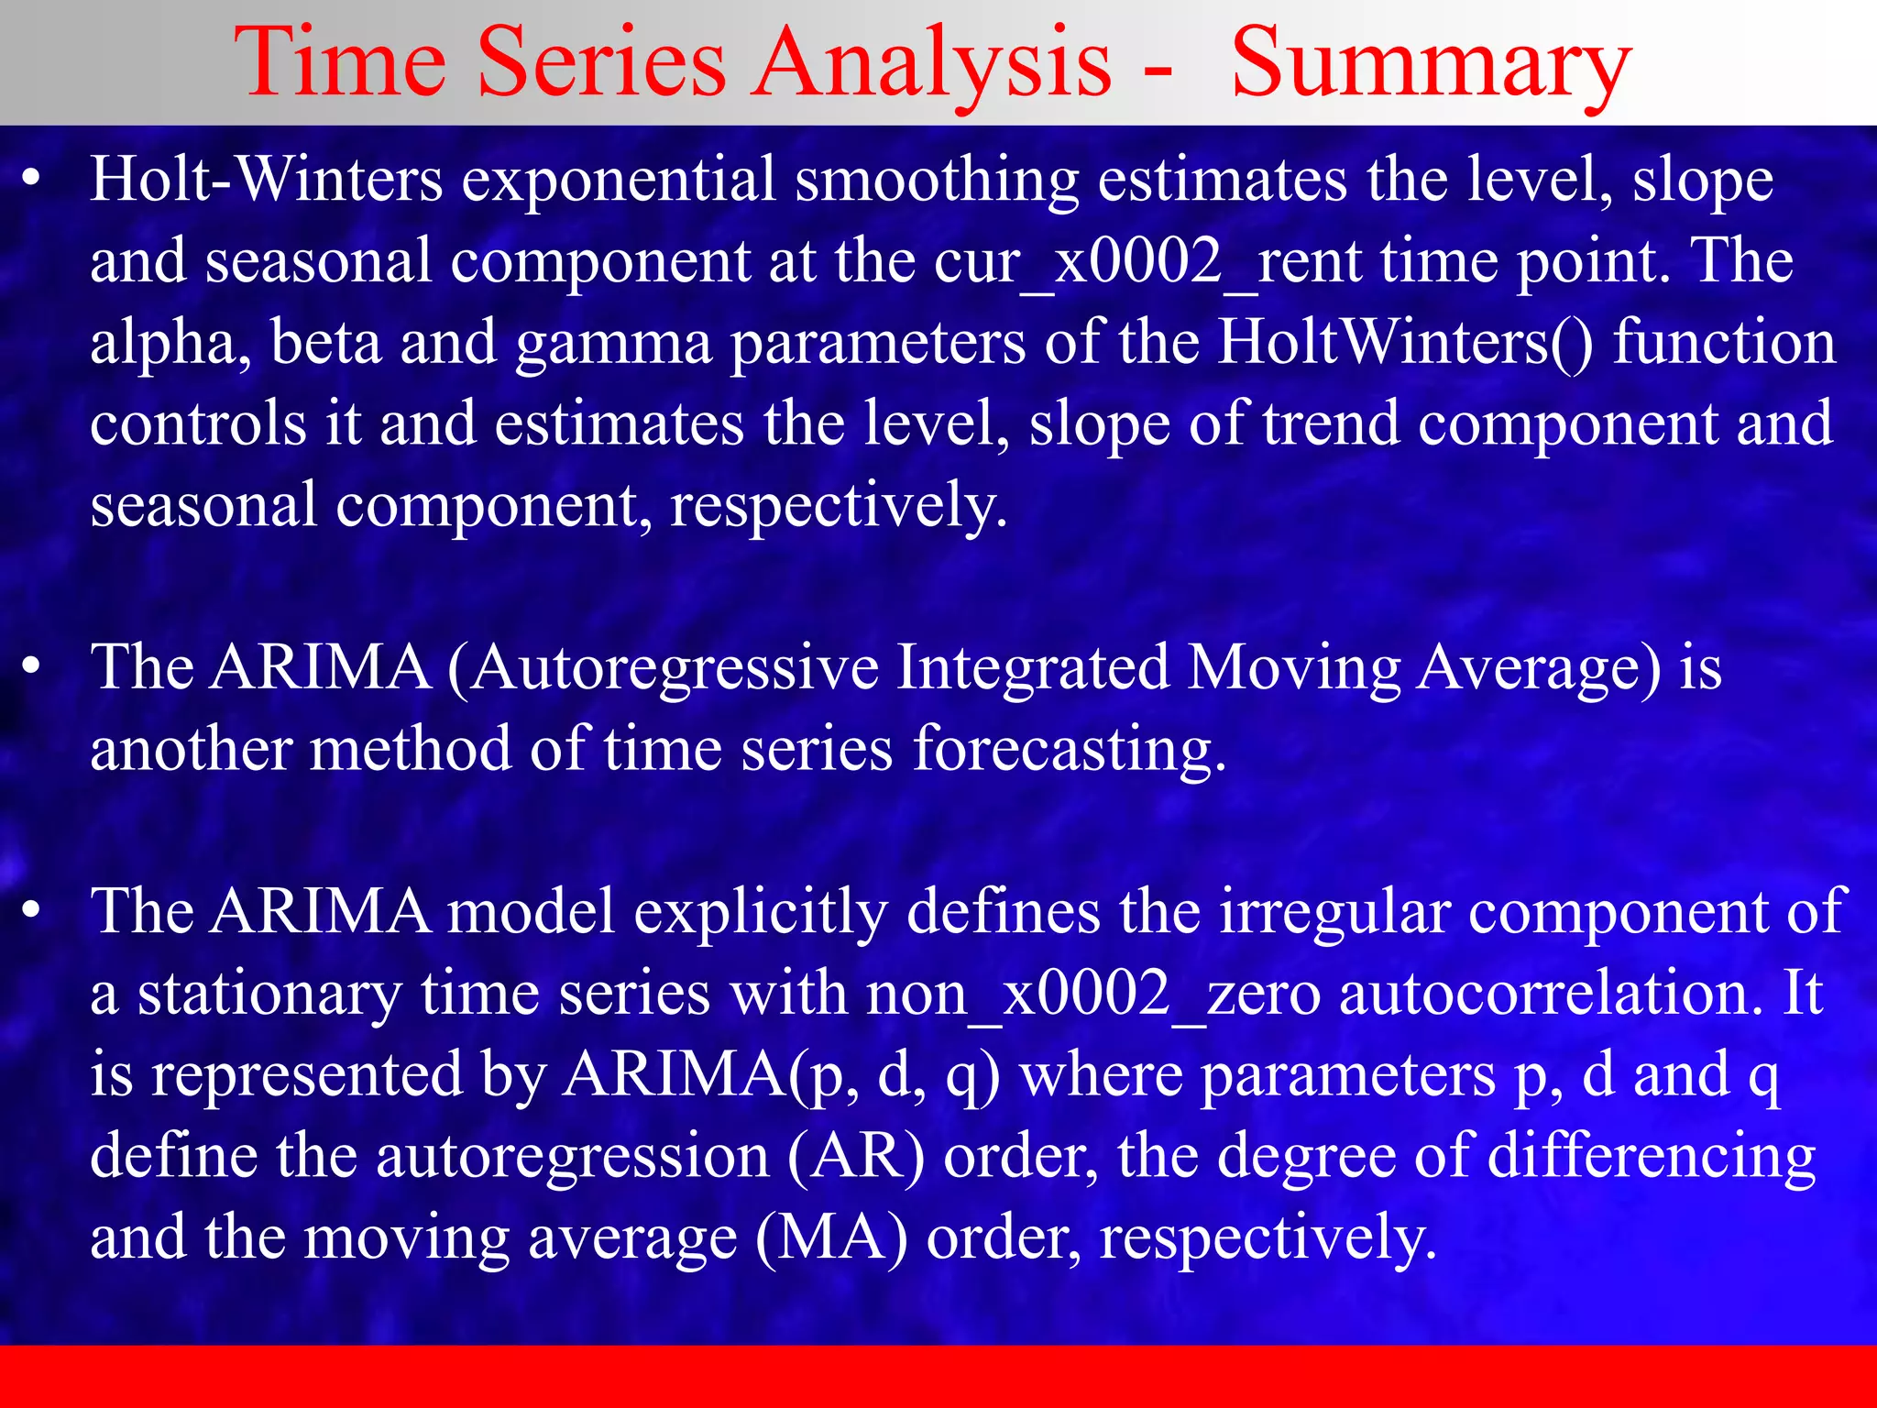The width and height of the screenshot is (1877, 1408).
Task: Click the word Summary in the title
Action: [1430, 64]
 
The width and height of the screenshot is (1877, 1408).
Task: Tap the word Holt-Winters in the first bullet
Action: [266, 180]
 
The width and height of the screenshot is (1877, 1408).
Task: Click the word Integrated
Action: [1033, 666]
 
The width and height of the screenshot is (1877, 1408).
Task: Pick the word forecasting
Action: [1069, 750]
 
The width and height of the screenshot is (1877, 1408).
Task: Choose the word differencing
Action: [1651, 1158]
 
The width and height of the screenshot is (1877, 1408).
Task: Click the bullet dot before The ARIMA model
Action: [32, 911]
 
